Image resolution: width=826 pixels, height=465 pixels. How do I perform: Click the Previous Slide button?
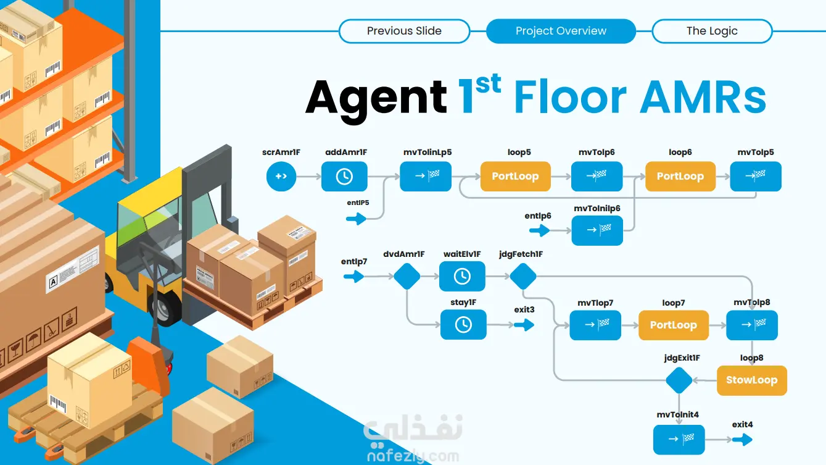tap(404, 31)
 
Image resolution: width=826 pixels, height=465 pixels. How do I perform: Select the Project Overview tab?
tap(561, 31)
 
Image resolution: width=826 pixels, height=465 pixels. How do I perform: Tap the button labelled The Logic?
tap(712, 31)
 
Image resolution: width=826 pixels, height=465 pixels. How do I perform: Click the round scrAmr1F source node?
tap(281, 177)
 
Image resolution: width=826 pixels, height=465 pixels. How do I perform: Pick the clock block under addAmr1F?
tap(344, 177)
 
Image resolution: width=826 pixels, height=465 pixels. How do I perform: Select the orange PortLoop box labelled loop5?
tap(515, 177)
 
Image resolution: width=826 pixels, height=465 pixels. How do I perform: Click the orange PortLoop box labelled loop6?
tap(680, 177)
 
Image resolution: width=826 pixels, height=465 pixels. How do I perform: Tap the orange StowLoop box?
tap(752, 380)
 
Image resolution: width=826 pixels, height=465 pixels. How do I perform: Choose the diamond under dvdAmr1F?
tap(407, 276)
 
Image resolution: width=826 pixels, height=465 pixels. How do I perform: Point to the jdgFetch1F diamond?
tap(523, 276)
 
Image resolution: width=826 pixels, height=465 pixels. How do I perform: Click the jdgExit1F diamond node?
tap(679, 380)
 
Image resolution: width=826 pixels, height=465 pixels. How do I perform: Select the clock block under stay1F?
tap(463, 325)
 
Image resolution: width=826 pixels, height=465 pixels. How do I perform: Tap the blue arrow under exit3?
tap(524, 325)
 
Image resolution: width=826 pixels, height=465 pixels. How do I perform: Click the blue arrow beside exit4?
tap(742, 440)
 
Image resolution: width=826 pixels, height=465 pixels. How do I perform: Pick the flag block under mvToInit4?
tap(679, 440)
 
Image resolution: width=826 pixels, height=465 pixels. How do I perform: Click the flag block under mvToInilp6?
tap(597, 231)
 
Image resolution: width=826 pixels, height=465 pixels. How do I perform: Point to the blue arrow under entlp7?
tap(353, 277)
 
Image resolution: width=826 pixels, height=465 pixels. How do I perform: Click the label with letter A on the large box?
tap(53, 282)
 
